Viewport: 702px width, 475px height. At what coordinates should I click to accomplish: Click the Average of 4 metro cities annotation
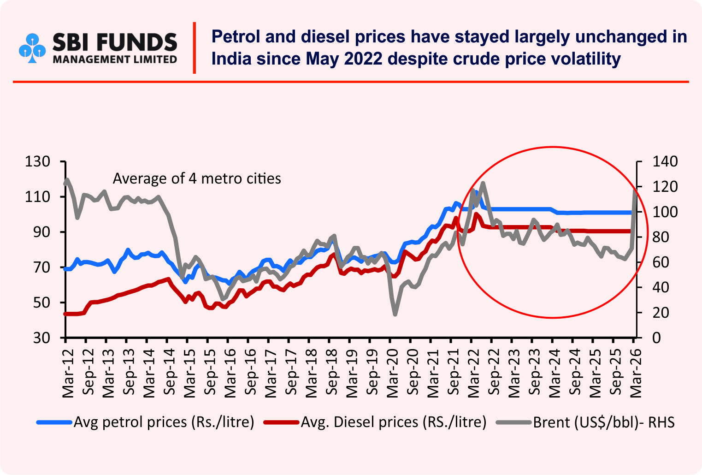point(197,178)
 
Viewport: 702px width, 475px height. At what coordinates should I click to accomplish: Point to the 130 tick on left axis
point(38,162)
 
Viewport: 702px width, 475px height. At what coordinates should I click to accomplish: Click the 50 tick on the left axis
point(41,303)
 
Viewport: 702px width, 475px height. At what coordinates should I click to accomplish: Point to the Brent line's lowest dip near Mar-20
point(395,315)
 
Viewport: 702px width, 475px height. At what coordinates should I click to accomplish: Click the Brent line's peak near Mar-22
point(483,183)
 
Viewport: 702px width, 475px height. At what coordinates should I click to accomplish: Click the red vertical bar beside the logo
point(195,47)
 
